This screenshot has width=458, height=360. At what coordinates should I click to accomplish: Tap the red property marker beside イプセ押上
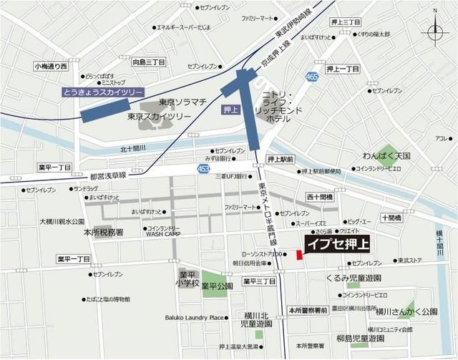point(298,256)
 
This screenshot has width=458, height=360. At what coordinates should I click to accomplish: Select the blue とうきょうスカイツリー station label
point(103,92)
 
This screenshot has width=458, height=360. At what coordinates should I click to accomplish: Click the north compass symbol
point(436,32)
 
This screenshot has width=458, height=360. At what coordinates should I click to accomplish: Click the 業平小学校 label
point(187,280)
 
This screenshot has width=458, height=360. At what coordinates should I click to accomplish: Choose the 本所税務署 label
point(104,233)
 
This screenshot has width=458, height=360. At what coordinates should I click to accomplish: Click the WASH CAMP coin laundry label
point(163,233)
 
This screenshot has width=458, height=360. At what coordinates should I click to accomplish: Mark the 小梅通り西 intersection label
point(50,66)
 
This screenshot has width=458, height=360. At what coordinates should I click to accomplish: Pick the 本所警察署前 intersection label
point(308,310)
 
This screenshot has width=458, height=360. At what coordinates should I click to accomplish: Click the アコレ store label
point(439,138)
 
